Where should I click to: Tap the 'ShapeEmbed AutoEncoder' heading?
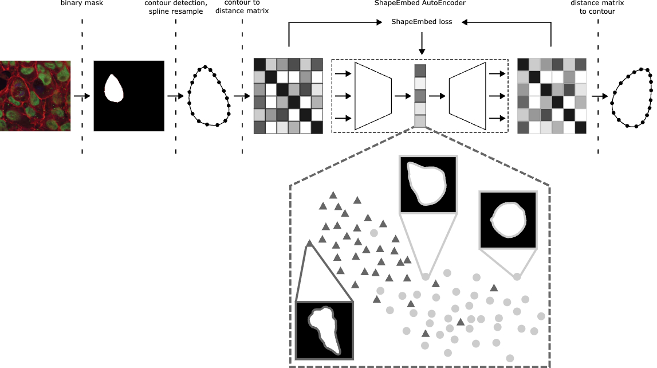(420, 2)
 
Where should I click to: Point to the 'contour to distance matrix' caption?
(242, 7)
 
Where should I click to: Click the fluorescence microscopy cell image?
(35, 96)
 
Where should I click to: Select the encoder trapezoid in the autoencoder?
(373, 96)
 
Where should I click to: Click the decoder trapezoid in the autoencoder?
(468, 96)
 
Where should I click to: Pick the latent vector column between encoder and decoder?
(420, 96)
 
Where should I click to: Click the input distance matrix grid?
(289, 96)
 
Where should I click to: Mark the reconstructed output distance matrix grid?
(552, 96)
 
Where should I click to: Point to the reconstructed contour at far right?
(632, 96)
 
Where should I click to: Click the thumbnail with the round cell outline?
(507, 220)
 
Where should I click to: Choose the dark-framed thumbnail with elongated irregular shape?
(325, 330)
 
